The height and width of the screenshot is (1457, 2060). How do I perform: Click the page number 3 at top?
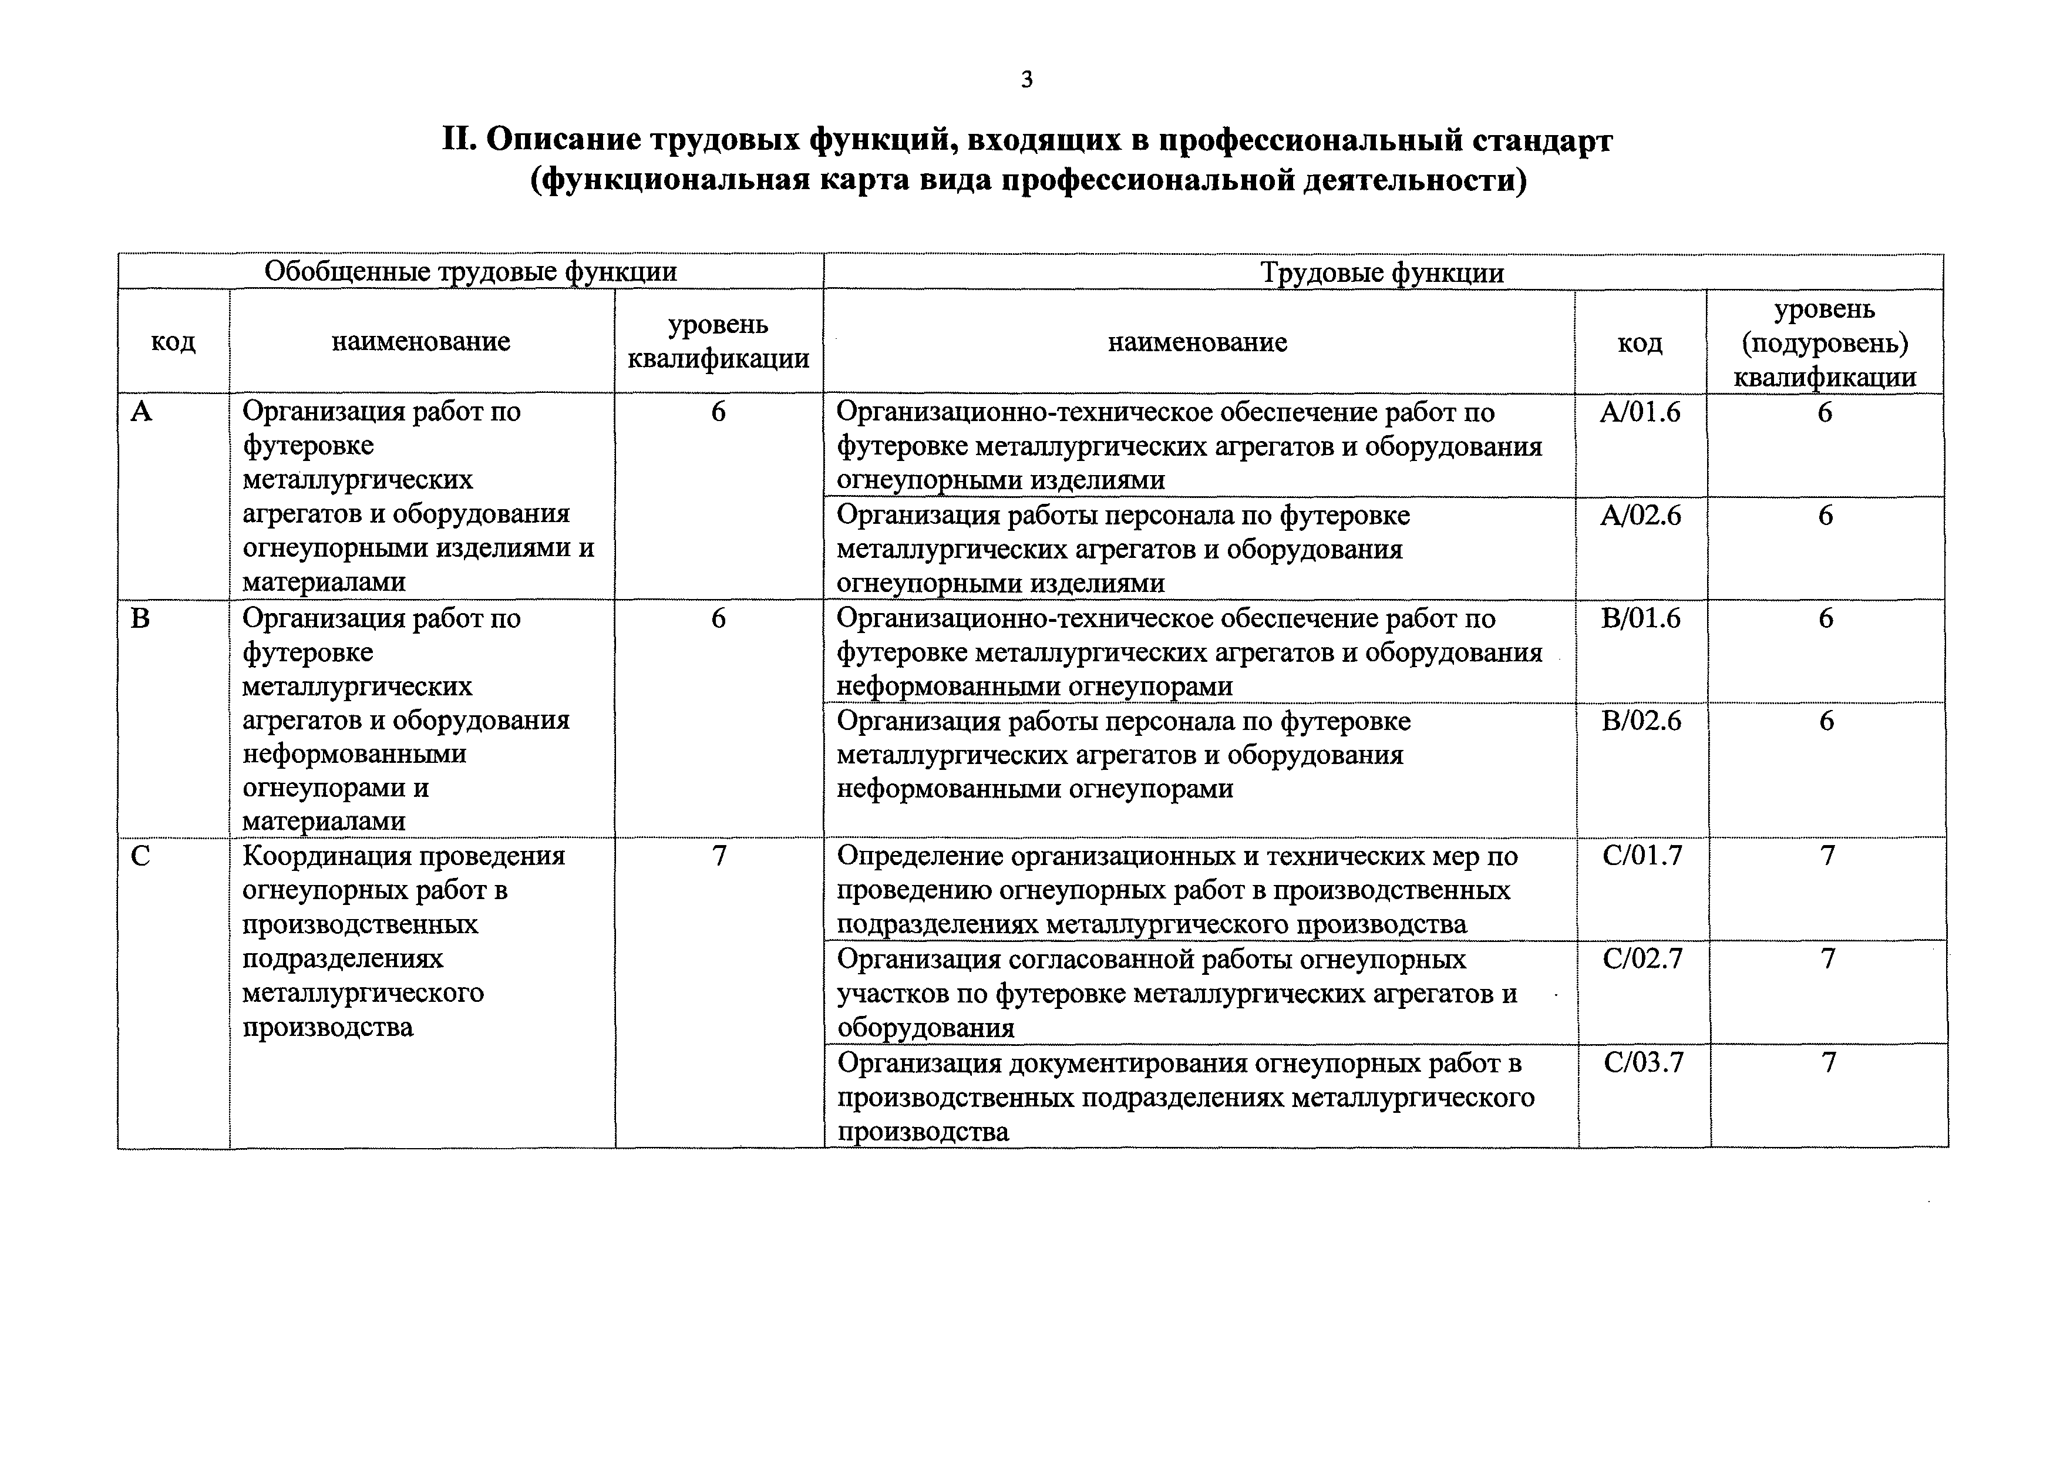point(1026,80)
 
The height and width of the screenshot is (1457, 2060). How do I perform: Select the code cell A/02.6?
point(1640,515)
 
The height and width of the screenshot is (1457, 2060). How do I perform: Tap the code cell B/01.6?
point(1640,618)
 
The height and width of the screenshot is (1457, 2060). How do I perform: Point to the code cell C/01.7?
point(1642,855)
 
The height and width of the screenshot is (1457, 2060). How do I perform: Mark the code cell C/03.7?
point(1644,1062)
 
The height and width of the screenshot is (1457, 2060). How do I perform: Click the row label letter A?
point(142,412)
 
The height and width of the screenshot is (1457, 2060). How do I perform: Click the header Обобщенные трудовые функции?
point(470,271)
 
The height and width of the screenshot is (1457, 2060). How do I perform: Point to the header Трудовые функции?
point(1382,272)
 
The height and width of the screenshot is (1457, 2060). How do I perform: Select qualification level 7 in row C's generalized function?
point(719,856)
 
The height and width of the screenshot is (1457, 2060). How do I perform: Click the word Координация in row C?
point(323,856)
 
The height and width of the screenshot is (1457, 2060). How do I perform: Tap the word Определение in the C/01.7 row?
point(921,856)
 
